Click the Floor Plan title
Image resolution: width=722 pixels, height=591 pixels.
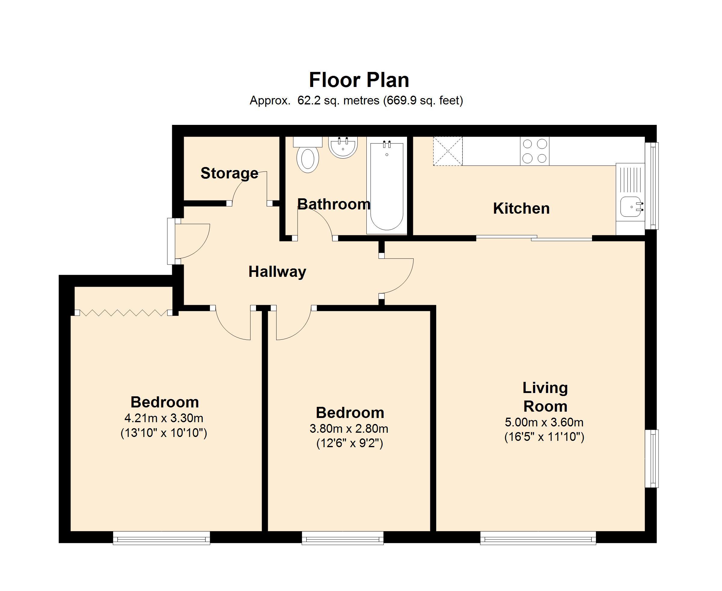(359, 80)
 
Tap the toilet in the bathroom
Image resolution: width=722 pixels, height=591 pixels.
(308, 155)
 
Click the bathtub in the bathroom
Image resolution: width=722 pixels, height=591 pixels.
(387, 187)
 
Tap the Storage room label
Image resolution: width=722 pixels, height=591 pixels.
(230, 173)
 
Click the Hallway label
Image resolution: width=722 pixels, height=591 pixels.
(277, 272)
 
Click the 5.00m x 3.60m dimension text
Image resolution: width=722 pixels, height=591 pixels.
(544, 422)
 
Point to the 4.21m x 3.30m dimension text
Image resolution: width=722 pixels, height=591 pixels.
(164, 417)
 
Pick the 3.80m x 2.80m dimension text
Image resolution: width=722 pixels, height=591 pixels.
(349, 428)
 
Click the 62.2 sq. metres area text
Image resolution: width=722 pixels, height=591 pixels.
(338, 101)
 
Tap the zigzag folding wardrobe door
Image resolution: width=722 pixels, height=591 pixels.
(124, 313)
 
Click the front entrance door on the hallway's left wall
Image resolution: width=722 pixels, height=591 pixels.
(189, 241)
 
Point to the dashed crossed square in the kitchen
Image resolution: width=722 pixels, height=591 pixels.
(448, 151)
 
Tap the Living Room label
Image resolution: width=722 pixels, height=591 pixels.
(545, 397)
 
